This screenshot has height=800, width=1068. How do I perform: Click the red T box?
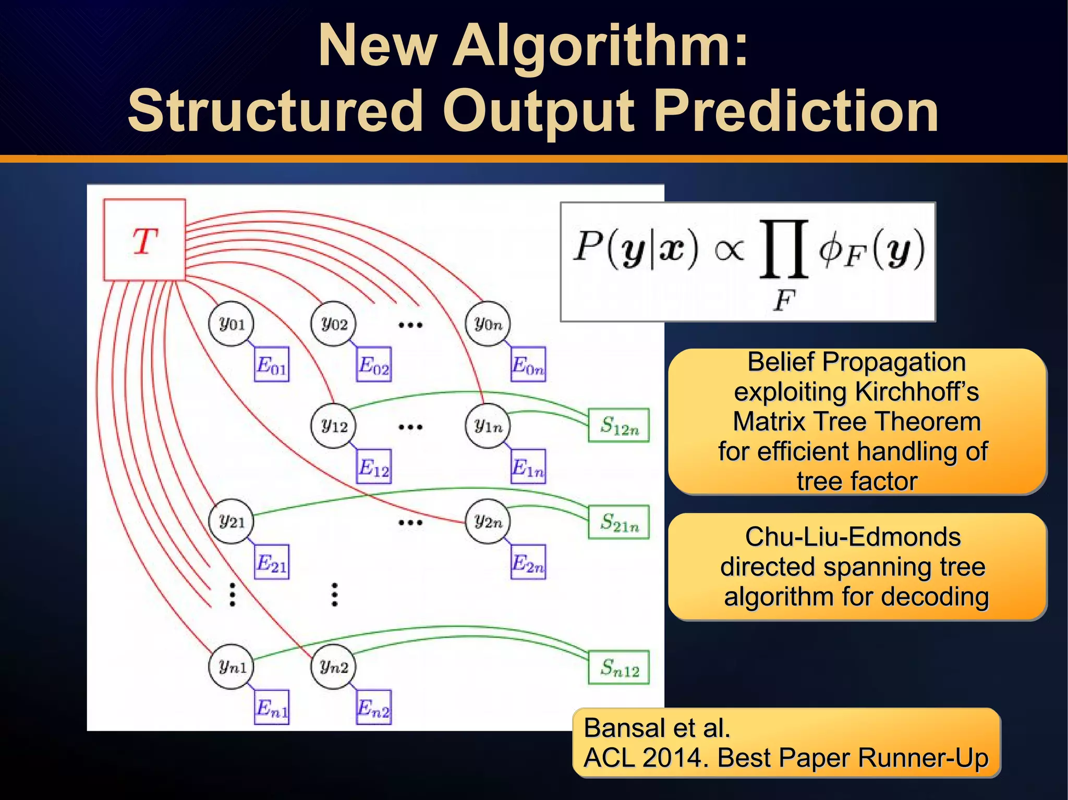(144, 240)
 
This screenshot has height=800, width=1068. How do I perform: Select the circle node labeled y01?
(231, 324)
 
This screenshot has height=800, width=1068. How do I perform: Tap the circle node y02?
(333, 324)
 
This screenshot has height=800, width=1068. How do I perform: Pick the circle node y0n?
(488, 324)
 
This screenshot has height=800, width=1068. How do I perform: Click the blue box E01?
(271, 364)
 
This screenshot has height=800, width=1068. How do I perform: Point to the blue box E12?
(373, 466)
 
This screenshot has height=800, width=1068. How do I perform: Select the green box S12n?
(618, 425)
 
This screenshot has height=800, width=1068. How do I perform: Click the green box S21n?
(618, 522)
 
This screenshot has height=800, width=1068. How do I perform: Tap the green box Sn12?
(618, 667)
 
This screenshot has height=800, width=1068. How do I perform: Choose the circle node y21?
(231, 521)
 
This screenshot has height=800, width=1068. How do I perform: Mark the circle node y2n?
(488, 521)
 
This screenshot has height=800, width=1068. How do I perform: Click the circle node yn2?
(333, 666)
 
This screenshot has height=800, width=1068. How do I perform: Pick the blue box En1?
(271, 707)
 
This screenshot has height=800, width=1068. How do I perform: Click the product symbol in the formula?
(784, 249)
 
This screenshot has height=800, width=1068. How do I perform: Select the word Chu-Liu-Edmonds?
(853, 537)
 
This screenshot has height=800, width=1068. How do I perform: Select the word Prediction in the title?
(796, 111)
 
